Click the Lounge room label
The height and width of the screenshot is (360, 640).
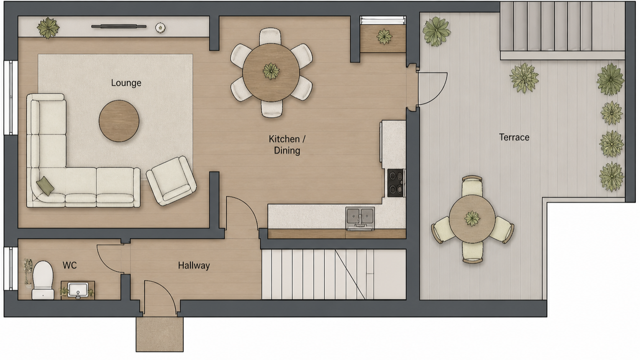[126, 83]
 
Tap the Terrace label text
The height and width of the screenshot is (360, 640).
[514, 137]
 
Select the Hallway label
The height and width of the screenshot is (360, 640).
[194, 266]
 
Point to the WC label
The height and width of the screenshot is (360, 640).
[70, 265]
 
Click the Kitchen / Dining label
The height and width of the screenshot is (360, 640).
[287, 145]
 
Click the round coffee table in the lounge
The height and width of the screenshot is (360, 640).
[119, 121]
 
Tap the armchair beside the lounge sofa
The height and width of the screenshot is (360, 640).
[171, 181]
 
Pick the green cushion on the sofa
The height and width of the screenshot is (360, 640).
[45, 186]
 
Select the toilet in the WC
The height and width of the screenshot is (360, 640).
[43, 280]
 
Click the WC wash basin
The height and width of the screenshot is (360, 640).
[78, 290]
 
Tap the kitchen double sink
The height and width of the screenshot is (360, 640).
[360, 218]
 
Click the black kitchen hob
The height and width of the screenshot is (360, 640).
[396, 183]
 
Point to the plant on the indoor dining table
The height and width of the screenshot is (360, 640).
[271, 71]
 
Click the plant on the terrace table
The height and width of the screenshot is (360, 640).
[472, 219]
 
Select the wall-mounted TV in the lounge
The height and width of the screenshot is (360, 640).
[119, 27]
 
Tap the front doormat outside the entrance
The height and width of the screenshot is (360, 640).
[159, 334]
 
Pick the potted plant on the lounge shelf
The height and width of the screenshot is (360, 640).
[48, 28]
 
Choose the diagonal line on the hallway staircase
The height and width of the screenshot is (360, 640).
[350, 274]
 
